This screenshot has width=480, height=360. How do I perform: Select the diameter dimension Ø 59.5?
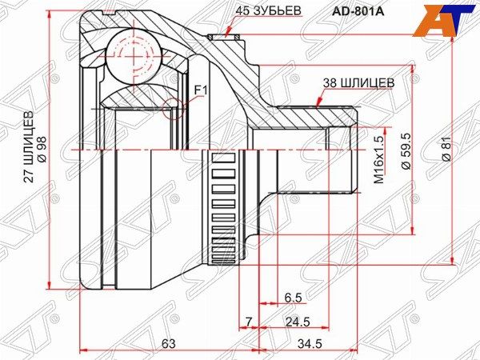point(406,151)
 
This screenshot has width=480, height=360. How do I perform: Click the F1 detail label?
point(200,90)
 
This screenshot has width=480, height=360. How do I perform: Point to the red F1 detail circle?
point(174,106)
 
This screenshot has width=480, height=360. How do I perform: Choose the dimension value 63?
point(168,343)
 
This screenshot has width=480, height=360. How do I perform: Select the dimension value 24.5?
point(297,322)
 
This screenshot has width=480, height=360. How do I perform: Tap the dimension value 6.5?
point(294,298)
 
